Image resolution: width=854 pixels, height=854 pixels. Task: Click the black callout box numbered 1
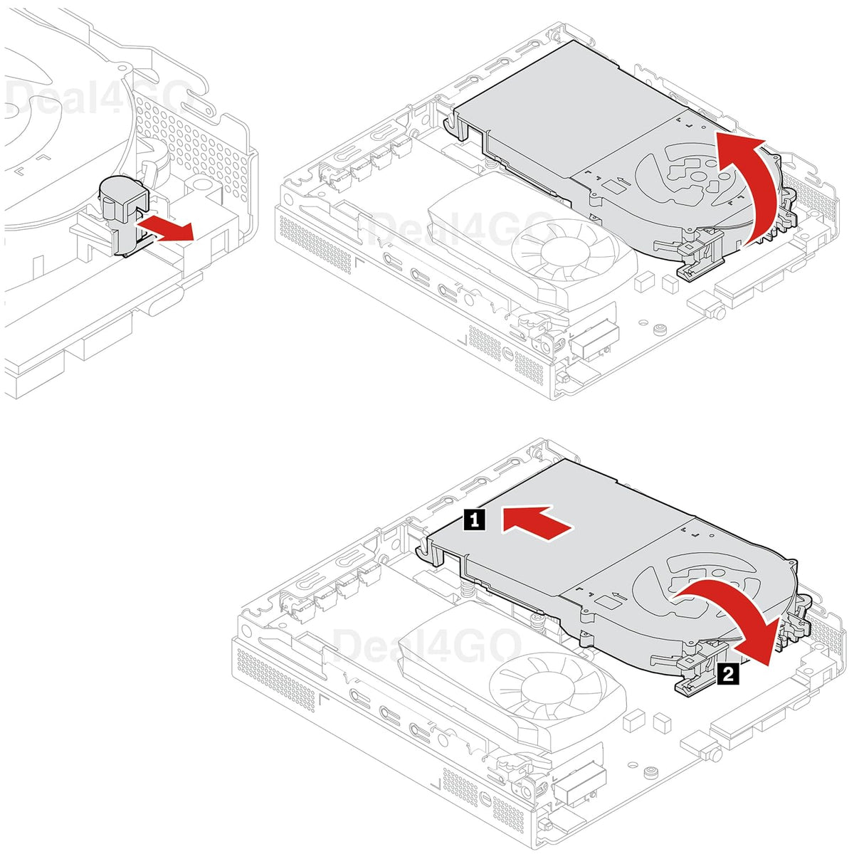point(474,520)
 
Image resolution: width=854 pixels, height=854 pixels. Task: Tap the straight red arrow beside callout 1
point(537,522)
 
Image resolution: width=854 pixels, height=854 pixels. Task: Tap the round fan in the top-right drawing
point(562,253)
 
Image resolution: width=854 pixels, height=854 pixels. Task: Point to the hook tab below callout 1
point(428,552)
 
